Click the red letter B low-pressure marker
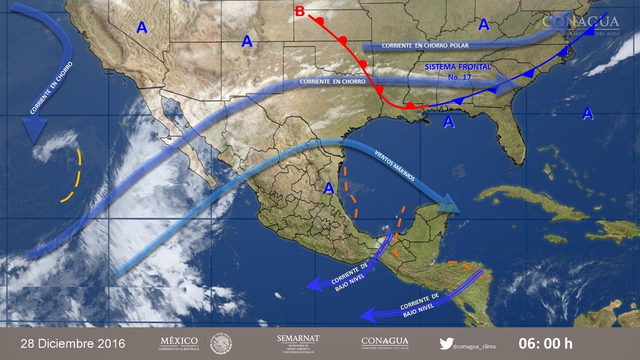(299, 11)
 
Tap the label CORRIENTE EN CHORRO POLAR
(425, 45)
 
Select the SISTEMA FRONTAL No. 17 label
(458, 71)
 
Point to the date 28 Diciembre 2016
(72, 344)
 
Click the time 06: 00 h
(545, 344)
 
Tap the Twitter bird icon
(446, 343)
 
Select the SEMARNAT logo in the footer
(298, 343)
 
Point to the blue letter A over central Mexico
(328, 188)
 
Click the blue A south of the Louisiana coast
(448, 121)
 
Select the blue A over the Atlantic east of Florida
(587, 113)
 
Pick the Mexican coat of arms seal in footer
(220, 343)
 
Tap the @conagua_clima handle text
(473, 344)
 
